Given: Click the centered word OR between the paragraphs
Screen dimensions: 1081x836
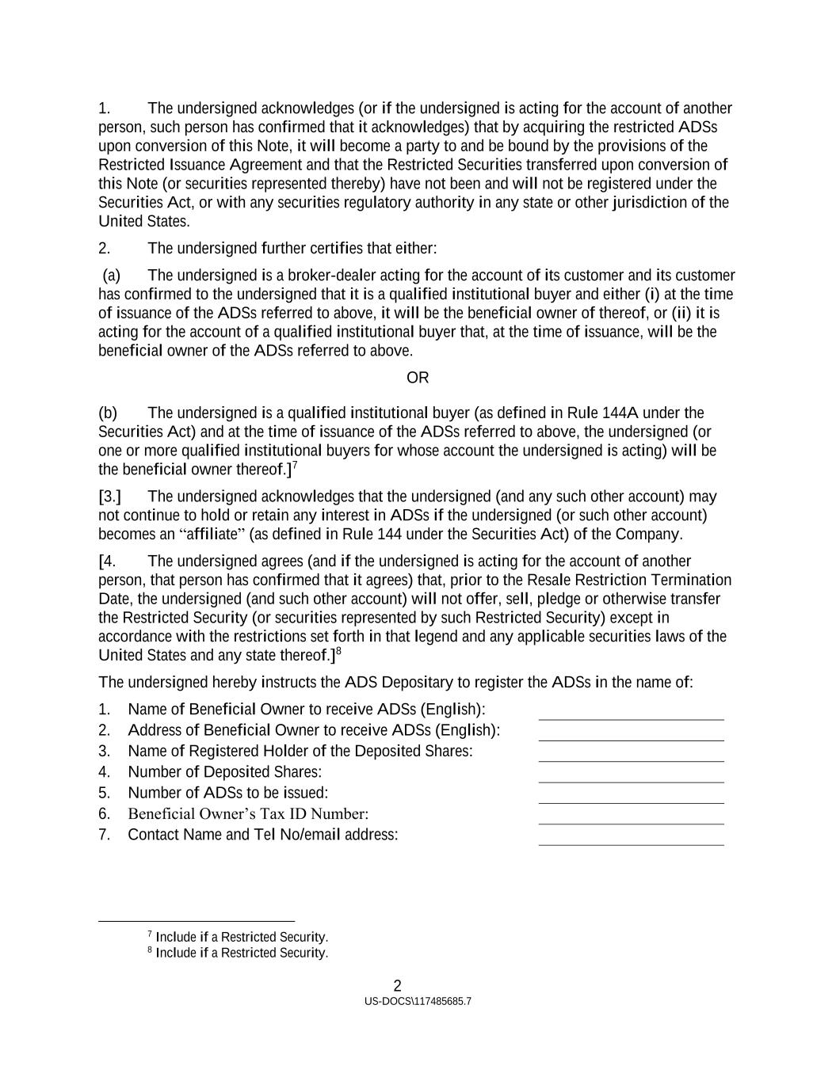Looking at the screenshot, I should coord(418,378).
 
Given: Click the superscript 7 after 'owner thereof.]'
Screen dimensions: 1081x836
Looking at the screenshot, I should coord(295,466).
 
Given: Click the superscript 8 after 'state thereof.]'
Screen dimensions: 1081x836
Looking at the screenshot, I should coord(338,651).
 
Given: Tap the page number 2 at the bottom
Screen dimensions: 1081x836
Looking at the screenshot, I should coord(398,986).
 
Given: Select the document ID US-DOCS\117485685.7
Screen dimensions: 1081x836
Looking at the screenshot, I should coord(418,1002).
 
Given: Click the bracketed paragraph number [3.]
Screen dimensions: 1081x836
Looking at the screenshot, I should coord(110,497).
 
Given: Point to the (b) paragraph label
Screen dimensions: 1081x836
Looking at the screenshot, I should coord(108,413).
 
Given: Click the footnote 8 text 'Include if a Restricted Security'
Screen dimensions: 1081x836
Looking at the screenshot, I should coord(242,953).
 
